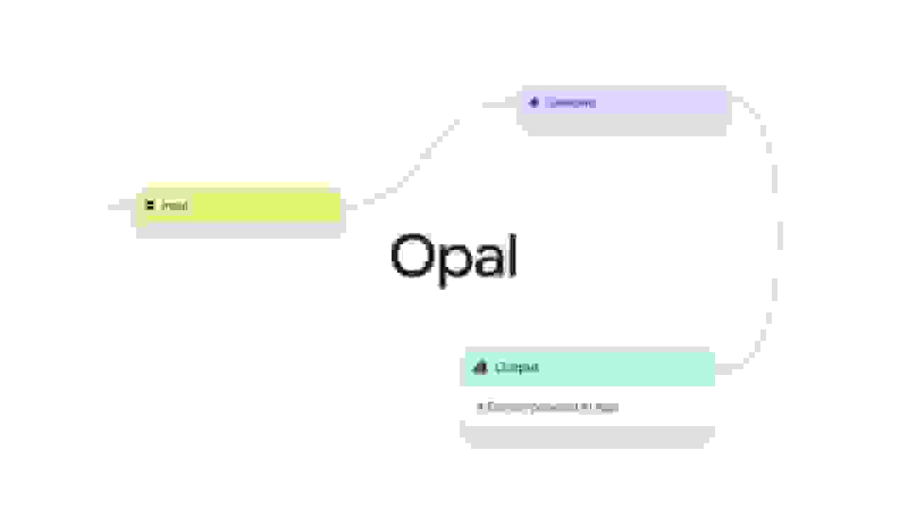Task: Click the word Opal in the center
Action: (453, 257)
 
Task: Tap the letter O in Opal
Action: (411, 256)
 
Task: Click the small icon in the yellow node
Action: (150, 205)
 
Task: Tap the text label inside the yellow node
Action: (175, 206)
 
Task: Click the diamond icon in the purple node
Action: (534, 102)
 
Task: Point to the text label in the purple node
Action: (570, 103)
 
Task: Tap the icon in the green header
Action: (480, 367)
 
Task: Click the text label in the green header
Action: (516, 367)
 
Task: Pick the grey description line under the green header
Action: (547, 407)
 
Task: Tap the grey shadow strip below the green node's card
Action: (587, 437)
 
